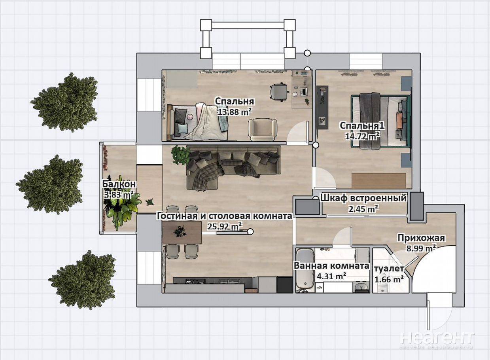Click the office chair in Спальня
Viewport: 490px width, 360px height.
(279, 92)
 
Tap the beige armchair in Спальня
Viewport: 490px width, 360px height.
(262, 130)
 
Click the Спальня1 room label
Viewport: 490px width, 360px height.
(362, 126)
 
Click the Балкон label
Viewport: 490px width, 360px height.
(119, 184)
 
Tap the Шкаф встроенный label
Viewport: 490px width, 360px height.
(363, 198)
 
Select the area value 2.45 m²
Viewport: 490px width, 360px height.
(364, 209)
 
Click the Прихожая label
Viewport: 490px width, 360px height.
(421, 238)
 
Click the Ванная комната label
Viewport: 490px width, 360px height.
(331, 266)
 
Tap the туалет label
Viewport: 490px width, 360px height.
(389, 269)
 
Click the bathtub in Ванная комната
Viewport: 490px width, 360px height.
(305, 270)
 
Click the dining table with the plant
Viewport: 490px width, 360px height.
(182, 232)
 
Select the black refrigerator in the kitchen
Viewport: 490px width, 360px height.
(285, 284)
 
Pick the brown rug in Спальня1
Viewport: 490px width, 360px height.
(378, 181)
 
